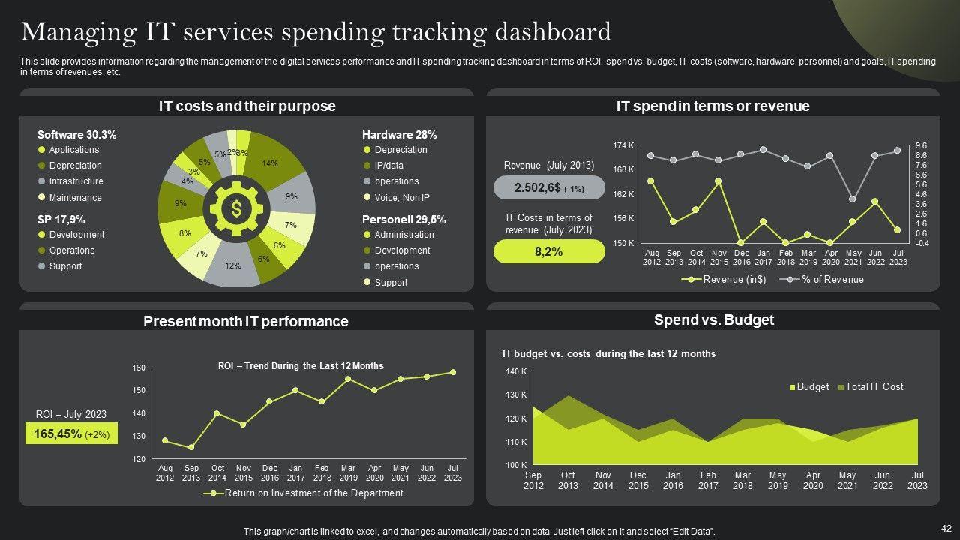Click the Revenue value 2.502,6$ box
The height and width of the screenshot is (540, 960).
pyautogui.click(x=549, y=188)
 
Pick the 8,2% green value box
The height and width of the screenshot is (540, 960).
pyautogui.click(x=549, y=252)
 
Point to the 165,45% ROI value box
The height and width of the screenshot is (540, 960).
pyautogui.click(x=71, y=433)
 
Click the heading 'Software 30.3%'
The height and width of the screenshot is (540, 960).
pyautogui.click(x=76, y=135)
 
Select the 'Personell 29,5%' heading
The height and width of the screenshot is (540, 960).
pyautogui.click(x=403, y=220)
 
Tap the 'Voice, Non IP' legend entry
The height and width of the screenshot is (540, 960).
pyautogui.click(x=401, y=198)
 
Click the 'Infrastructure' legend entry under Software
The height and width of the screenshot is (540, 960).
pyautogui.click(x=76, y=181)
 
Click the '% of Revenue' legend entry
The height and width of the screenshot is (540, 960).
pyautogui.click(x=832, y=280)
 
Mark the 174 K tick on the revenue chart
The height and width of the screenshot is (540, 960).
pyautogui.click(x=624, y=145)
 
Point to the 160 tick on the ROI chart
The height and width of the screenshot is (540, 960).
pyautogui.click(x=139, y=367)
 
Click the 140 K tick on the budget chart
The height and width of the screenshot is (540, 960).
pyautogui.click(x=516, y=371)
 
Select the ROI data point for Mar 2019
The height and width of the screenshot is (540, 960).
pyautogui.click(x=348, y=379)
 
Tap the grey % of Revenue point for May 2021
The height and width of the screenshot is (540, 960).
pyautogui.click(x=853, y=199)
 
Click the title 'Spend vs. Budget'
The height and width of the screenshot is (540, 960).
pyautogui.click(x=713, y=319)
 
